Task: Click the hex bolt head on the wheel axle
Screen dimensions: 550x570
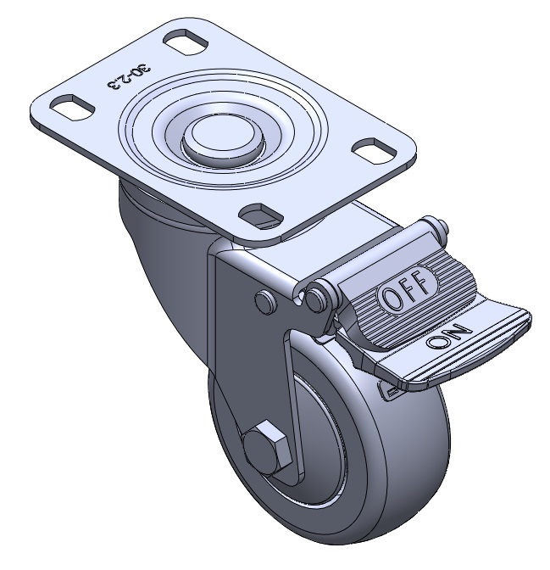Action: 268,448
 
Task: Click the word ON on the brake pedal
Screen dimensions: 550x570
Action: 448,336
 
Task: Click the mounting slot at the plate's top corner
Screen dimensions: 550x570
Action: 186,43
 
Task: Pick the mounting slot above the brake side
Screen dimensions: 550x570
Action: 261,215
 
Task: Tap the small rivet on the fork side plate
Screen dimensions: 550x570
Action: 266,301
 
